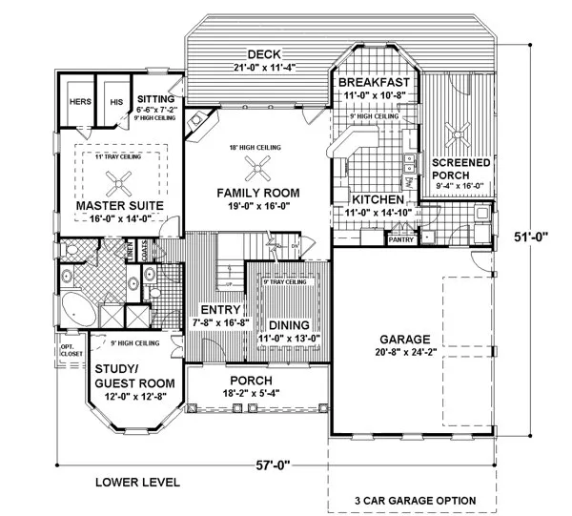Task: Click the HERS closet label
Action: tap(79, 102)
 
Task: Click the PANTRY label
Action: tap(400, 240)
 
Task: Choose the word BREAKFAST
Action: tap(375, 83)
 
